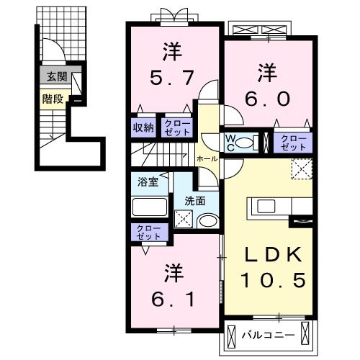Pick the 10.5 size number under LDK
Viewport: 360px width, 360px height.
(x=272, y=279)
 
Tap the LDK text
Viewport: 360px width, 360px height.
(x=272, y=255)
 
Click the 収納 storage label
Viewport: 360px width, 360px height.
(x=143, y=127)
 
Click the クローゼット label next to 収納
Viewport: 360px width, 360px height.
(x=177, y=127)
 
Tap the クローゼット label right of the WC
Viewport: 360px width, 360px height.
(x=292, y=141)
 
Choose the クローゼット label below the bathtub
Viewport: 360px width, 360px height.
(x=146, y=232)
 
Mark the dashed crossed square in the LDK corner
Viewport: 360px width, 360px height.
(x=301, y=168)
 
